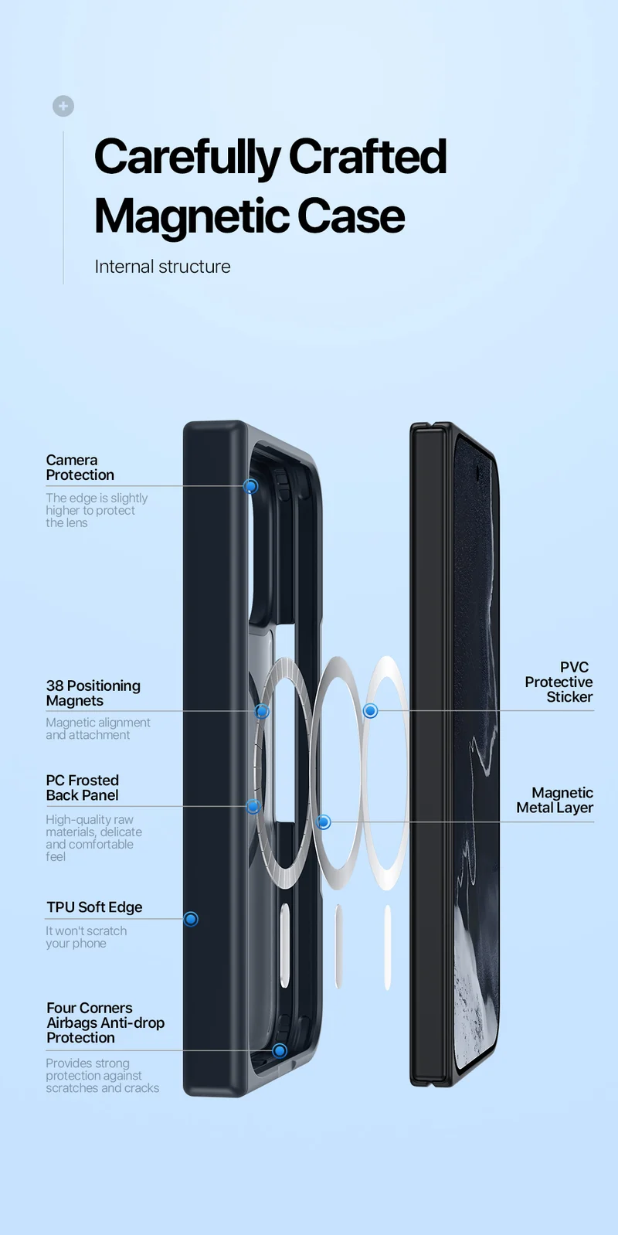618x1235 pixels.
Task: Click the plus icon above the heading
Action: [63, 106]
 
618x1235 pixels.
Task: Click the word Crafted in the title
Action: [367, 157]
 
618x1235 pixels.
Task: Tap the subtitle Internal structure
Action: [163, 267]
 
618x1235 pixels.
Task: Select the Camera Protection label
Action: [80, 468]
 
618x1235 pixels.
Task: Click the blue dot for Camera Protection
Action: [251, 485]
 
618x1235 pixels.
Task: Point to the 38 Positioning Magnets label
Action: [93, 693]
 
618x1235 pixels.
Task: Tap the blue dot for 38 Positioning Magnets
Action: [263, 711]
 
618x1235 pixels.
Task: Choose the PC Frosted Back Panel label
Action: [82, 788]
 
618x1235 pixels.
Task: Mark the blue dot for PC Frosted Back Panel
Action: [253, 807]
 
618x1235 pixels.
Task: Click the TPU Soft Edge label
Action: [94, 907]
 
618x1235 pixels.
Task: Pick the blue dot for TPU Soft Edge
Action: [191, 919]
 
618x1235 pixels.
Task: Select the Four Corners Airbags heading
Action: [105, 1022]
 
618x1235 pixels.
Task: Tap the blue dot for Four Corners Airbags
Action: [280, 1050]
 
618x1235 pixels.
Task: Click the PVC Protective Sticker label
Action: [559, 682]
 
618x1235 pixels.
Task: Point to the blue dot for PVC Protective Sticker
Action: [371, 711]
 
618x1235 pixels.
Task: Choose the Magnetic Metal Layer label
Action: [555, 800]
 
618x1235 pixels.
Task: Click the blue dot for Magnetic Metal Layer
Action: [324, 822]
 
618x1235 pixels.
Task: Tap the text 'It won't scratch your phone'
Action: [86, 937]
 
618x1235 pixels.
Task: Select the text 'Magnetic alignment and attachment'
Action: [98, 728]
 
